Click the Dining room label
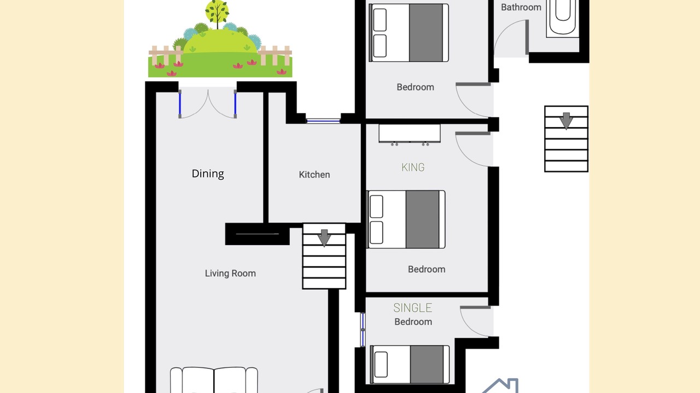tap(208, 174)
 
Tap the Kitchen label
tap(314, 175)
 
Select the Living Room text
tap(230, 273)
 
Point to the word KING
tap(413, 168)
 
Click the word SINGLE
tap(413, 308)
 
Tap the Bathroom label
tap(521, 7)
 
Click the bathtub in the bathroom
tap(563, 19)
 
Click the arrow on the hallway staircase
tap(566, 121)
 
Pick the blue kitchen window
tap(323, 121)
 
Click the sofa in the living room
tap(214, 380)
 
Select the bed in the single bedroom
tap(410, 364)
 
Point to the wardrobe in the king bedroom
tap(410, 135)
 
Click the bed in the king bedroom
tap(406, 219)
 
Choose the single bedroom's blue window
tap(363, 330)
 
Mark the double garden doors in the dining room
tap(207, 104)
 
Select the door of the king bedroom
tap(472, 149)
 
